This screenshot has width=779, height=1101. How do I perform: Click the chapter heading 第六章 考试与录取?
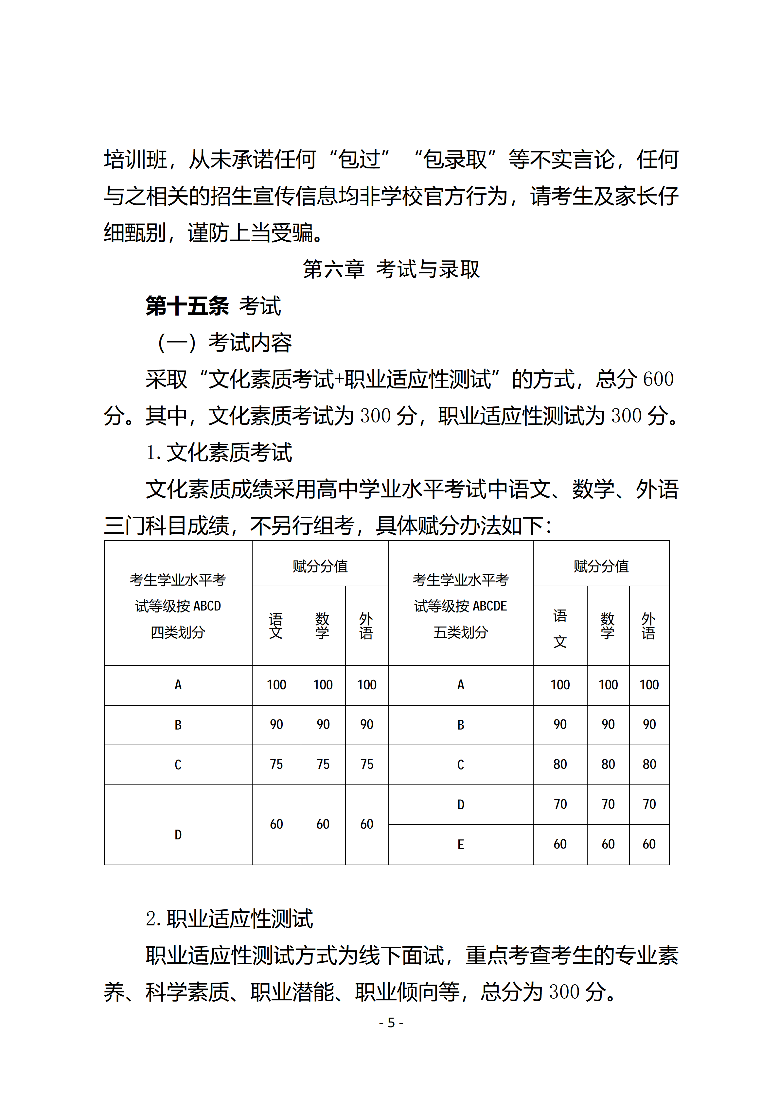coord(391,269)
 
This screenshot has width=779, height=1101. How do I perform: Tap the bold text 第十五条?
coord(187,306)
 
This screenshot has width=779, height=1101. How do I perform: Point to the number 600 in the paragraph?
coord(658,379)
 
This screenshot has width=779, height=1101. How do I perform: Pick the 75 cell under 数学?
coord(323,765)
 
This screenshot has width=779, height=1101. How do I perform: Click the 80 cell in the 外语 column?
coord(649,765)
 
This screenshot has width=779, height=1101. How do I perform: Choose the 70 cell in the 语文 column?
coord(560,804)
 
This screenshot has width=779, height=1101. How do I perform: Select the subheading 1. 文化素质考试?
coord(219,453)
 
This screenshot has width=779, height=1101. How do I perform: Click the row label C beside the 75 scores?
coord(178,765)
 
